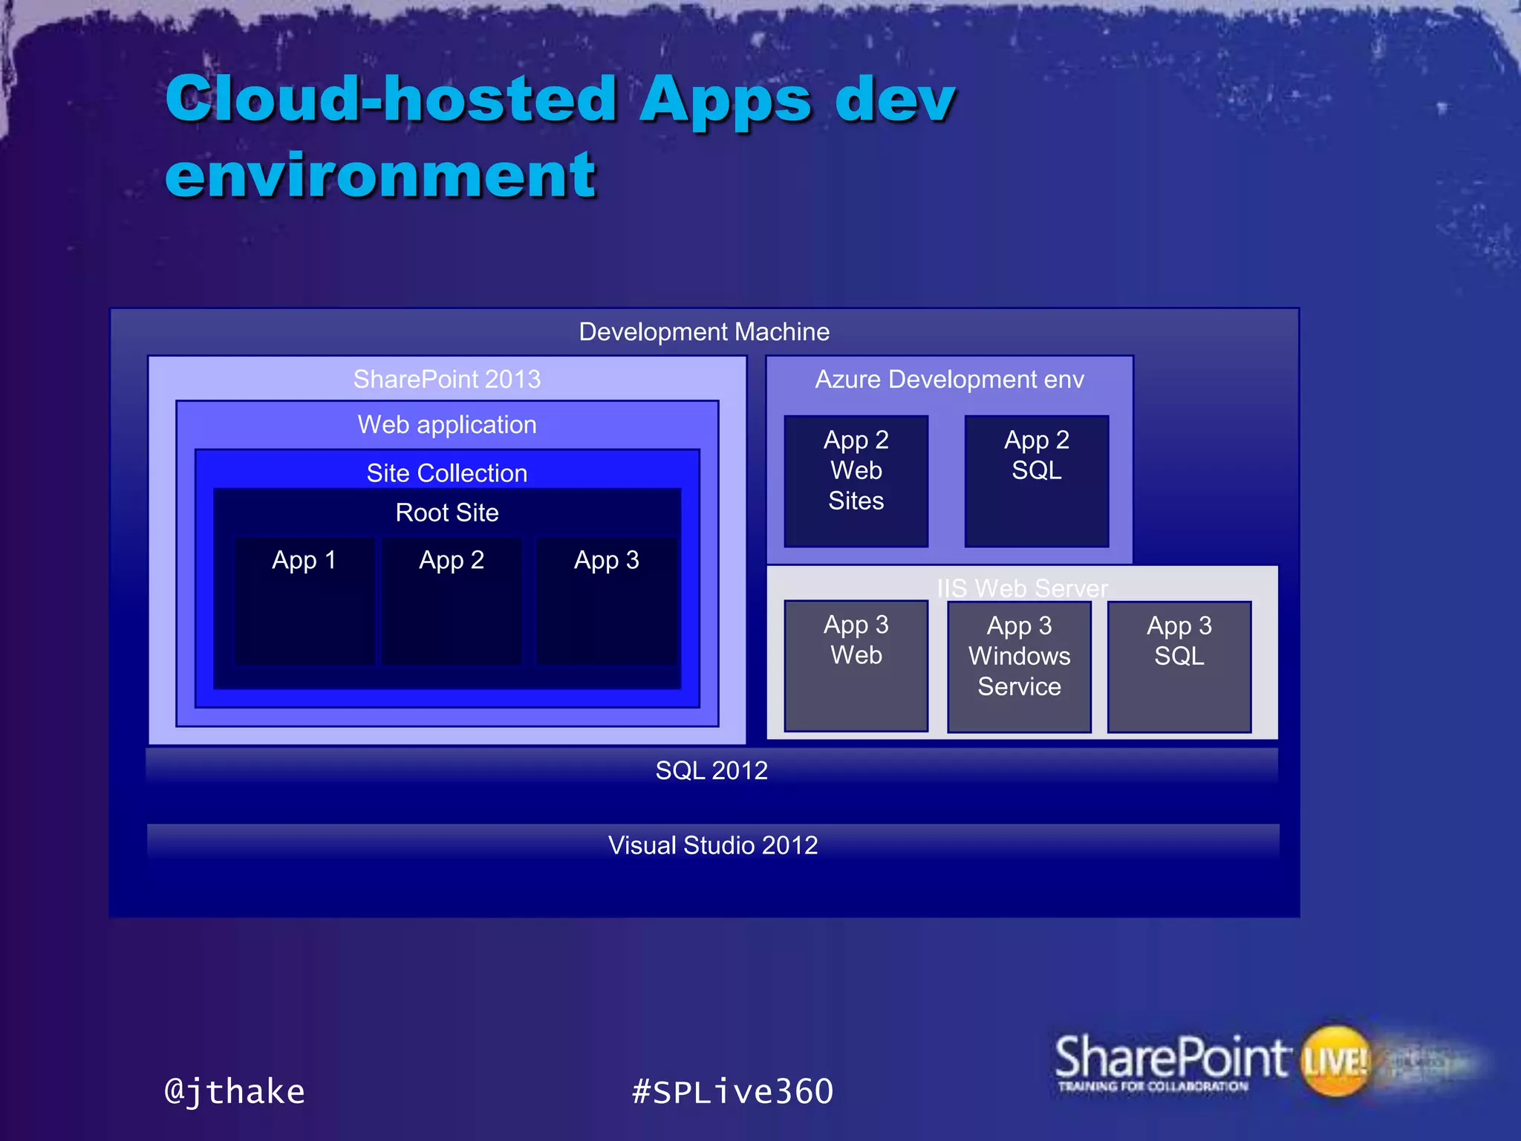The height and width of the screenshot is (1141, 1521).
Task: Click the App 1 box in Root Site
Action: [x=304, y=600]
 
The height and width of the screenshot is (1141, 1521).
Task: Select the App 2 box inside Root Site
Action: [x=452, y=600]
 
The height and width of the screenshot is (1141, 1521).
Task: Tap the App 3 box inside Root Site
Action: [x=606, y=600]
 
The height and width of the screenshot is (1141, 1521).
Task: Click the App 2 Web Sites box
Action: [x=856, y=481]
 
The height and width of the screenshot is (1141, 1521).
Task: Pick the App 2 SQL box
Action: [x=1036, y=481]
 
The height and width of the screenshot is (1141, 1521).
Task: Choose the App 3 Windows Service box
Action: [x=1019, y=666]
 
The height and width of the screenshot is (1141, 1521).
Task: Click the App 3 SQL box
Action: [x=1179, y=666]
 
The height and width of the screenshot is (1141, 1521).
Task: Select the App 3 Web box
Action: [x=856, y=666]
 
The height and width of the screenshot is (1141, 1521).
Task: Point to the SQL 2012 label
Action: [x=711, y=770]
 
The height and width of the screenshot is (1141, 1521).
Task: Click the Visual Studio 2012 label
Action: [x=713, y=845]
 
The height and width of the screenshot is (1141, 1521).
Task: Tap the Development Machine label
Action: [x=704, y=331]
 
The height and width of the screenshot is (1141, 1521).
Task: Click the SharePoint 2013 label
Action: [x=446, y=379]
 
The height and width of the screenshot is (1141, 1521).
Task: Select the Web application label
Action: [x=446, y=424]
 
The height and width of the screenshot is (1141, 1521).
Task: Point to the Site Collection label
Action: [x=446, y=472]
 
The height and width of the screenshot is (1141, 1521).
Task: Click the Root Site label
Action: [x=446, y=512]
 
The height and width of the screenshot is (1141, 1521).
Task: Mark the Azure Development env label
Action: [x=949, y=379]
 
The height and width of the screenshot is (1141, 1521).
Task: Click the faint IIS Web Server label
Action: [x=1022, y=588]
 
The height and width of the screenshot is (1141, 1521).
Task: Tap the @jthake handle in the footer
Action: [x=235, y=1091]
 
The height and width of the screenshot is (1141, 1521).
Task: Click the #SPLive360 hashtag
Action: [x=732, y=1091]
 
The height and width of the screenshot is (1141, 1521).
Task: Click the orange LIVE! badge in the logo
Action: [x=1335, y=1060]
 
